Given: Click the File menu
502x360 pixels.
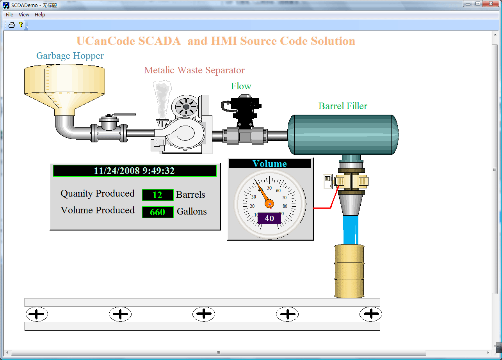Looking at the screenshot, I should click(9, 15).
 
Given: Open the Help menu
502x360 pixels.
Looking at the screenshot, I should click(40, 15).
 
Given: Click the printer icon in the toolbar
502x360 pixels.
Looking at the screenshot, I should click(12, 25).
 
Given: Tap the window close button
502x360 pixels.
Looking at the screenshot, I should click(491, 4).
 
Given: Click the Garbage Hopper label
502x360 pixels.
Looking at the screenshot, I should click(70, 56).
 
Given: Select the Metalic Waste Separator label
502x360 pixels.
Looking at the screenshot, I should click(194, 70).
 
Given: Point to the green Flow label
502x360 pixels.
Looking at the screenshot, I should click(241, 86).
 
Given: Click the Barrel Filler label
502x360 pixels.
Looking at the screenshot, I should click(343, 106).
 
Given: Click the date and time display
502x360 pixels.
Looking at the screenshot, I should click(135, 171).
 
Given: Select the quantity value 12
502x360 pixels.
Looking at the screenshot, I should click(158, 195).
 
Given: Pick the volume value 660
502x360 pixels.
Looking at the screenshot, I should click(158, 212).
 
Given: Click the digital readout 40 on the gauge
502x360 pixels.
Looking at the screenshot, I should click(269, 218).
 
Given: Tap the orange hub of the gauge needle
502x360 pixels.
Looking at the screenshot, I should click(269, 204).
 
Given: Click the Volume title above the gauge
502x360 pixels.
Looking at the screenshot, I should click(269, 164).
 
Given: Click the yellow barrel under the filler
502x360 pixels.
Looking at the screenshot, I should click(349, 271).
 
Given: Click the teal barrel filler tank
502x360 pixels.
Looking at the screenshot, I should click(343, 135).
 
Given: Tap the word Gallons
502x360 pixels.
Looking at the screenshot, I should click(192, 212).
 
